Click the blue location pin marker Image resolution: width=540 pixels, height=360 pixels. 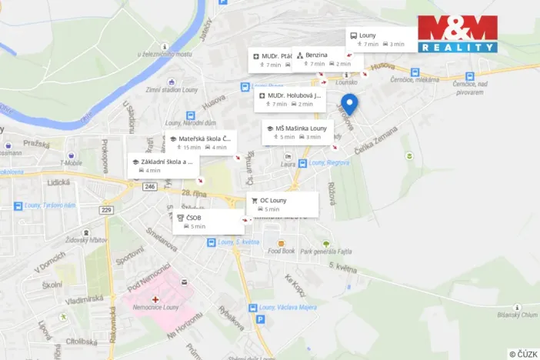coord(349,105)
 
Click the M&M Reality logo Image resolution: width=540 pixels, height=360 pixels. coord(457,34)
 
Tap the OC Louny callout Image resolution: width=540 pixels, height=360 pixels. coord(282,204)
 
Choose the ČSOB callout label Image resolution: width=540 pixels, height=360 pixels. coord(208,222)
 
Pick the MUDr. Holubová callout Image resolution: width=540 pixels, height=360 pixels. coord(290,98)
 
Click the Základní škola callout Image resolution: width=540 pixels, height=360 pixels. coord(163,165)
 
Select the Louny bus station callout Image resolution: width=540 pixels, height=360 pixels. coord(380,39)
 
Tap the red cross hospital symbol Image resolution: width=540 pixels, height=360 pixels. coord(155,298)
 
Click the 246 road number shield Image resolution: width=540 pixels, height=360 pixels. coord(149,186)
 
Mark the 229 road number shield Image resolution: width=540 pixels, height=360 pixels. coord(105,210)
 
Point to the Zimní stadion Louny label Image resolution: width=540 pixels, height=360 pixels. coord(172,88)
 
